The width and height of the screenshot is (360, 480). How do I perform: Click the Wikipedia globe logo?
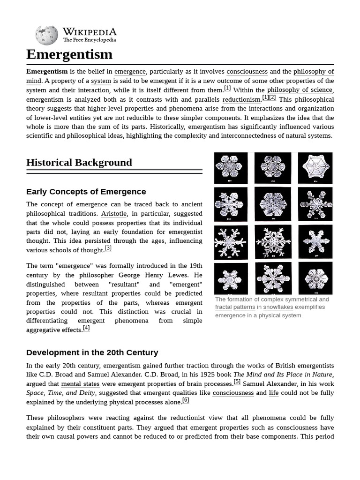coord(46,36)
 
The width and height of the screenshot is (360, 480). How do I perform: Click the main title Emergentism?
coord(69,54)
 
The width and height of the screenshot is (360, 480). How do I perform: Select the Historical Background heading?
coord(79,163)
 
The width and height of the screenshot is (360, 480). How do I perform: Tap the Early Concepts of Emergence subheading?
coord(86,192)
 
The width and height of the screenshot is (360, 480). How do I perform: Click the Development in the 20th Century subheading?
coord(92,352)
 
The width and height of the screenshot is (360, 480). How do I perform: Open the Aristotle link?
coord(114,214)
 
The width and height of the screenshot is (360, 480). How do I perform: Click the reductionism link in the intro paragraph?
coord(241,99)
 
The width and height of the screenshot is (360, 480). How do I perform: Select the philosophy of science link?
coord(300,90)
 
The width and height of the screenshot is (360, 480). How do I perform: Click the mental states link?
coord(80,384)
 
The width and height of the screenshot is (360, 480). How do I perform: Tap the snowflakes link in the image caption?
coord(278,307)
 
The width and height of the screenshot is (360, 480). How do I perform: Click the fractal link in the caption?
coord(224,307)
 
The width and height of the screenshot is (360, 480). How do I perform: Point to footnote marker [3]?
coord(108,248)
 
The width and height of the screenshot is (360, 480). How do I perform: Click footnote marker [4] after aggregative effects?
coord(86,328)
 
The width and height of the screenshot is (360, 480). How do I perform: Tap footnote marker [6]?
coord(186,400)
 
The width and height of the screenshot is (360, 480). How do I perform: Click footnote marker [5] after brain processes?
coord(237,382)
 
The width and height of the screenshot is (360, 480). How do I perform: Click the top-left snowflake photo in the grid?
coord(231,168)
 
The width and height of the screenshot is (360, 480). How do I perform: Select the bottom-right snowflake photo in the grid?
coord(315,278)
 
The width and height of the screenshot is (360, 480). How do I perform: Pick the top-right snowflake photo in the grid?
coord(315,168)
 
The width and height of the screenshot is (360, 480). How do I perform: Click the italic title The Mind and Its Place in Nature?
coord(283,375)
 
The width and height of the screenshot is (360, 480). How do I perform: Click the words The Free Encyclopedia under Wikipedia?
coord(89,40)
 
